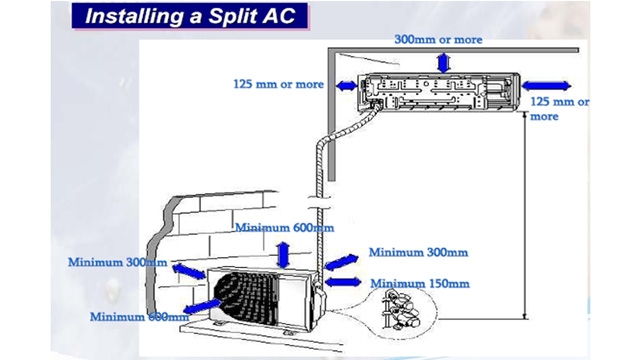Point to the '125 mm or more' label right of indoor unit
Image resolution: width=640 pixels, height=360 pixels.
pyautogui.click(x=558, y=108)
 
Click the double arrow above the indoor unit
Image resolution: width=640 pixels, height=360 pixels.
pyautogui.click(x=441, y=63)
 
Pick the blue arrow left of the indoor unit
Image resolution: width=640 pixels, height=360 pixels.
pyautogui.click(x=346, y=86)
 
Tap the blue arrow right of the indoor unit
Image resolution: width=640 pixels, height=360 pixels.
pyautogui.click(x=541, y=85)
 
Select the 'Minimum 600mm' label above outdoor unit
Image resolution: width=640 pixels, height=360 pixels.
pyautogui.click(x=284, y=229)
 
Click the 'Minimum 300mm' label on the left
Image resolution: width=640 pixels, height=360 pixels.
pyautogui.click(x=117, y=262)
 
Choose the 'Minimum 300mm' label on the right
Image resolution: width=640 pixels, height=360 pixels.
pyautogui.click(x=417, y=253)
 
